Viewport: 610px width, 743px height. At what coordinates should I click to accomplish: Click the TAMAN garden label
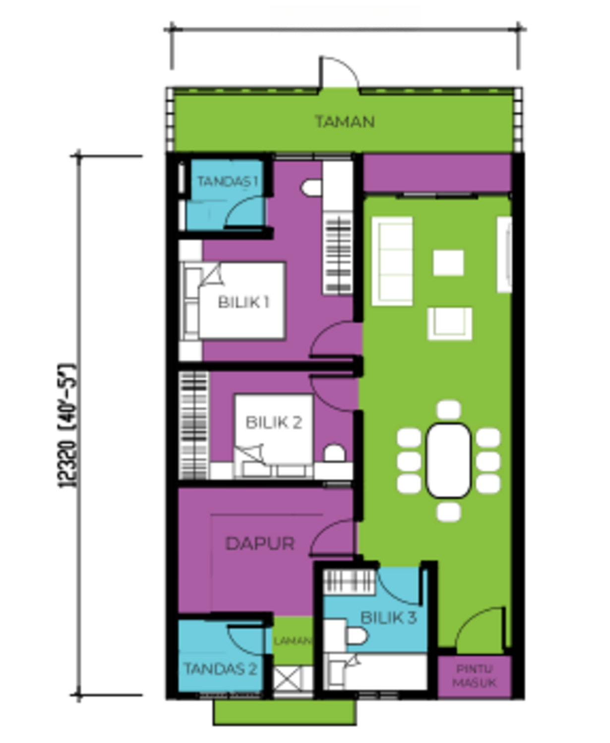(x=345, y=121)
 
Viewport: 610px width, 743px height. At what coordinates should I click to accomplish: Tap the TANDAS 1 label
(x=227, y=181)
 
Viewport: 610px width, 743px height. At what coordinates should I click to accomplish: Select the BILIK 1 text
(x=244, y=302)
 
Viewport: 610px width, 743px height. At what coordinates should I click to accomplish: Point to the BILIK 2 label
(x=274, y=422)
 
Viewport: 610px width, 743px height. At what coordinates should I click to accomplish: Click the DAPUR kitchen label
(x=260, y=543)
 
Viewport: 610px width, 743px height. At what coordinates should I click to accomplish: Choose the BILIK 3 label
(x=388, y=618)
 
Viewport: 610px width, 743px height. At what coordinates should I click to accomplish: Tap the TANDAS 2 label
(x=220, y=669)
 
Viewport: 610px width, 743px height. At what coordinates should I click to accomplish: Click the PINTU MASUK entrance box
(x=474, y=676)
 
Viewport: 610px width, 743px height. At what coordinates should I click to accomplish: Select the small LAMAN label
(x=293, y=640)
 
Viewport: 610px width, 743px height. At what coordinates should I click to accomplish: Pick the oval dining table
(x=448, y=461)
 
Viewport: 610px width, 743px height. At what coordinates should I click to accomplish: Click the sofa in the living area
(x=392, y=261)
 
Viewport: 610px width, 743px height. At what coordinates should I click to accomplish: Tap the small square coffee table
(x=448, y=263)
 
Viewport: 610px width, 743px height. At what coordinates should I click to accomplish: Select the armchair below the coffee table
(x=450, y=323)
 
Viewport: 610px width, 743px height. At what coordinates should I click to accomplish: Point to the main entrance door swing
(x=480, y=630)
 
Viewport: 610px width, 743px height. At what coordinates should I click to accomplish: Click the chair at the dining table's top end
(x=449, y=410)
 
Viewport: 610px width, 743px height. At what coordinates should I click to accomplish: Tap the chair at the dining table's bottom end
(x=449, y=512)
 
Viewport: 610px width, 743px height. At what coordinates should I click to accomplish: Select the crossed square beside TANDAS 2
(x=287, y=679)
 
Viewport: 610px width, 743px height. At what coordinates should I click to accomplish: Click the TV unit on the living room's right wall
(x=504, y=254)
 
